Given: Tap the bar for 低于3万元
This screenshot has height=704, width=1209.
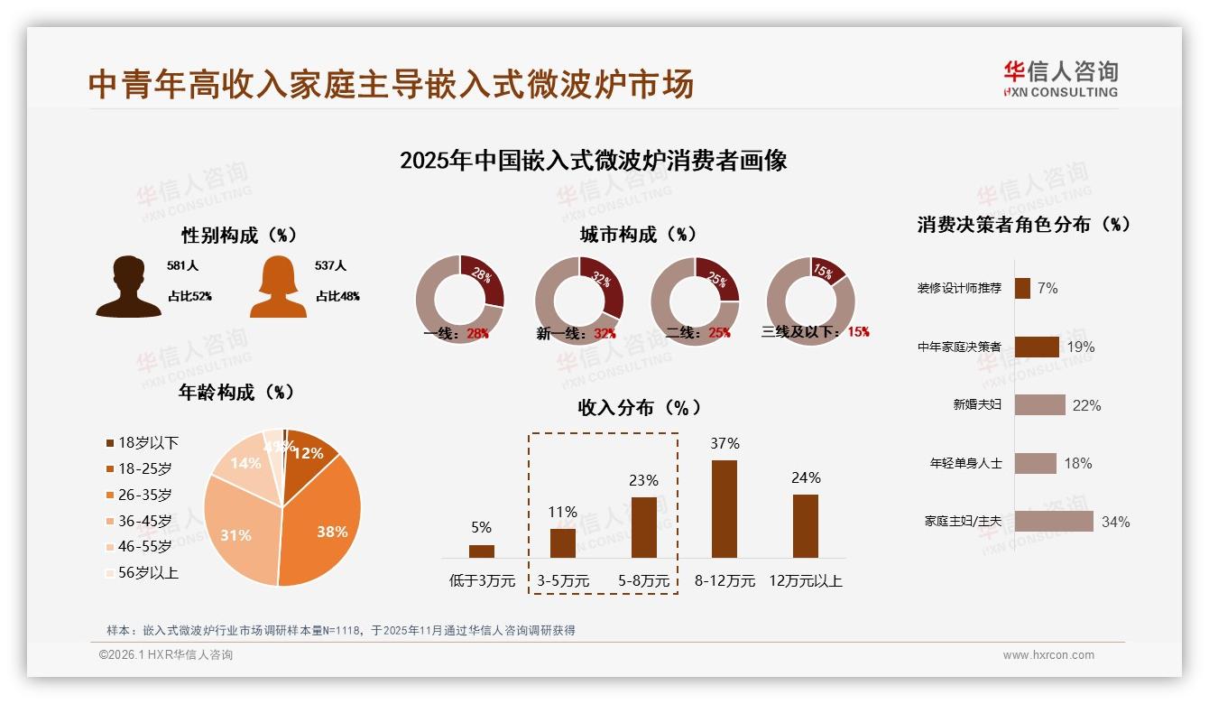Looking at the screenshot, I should pos(482,551).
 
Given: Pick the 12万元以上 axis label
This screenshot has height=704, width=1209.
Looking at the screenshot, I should pos(805,581).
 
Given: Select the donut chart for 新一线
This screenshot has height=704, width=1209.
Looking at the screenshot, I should pos(578,301).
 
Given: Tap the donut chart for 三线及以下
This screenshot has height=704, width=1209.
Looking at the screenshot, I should pos(810,301).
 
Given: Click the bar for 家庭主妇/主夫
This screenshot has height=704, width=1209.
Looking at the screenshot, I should pos(1053,522).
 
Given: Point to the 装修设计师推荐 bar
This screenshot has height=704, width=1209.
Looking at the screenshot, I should pos(1022,288).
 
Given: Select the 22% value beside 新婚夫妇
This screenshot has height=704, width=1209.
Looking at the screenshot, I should pos(1086,405).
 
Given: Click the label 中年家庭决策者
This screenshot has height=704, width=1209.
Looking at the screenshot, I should pos(959,347).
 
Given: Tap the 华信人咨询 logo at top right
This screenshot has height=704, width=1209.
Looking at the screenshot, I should pos(1060,79).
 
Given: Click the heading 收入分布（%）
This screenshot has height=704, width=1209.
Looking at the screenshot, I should pos(639,407).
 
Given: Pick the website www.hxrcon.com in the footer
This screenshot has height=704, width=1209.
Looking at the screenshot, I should pos(1048,655).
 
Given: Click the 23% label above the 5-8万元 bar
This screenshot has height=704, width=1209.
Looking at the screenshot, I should pos(643,480).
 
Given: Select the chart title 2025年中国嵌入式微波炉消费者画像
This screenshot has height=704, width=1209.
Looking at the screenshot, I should pos(593,161).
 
